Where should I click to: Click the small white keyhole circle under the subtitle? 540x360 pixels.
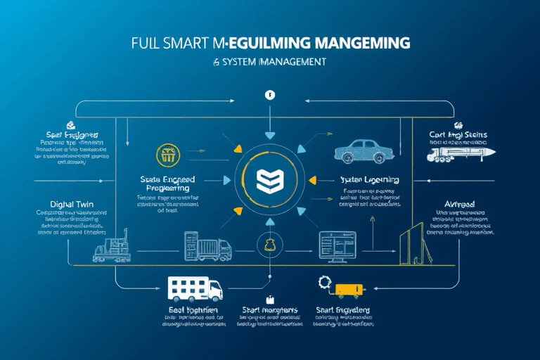(267, 94)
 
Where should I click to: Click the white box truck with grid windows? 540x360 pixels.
(194, 288)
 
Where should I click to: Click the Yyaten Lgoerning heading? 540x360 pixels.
(369, 179)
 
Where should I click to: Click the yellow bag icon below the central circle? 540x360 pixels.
(269, 244)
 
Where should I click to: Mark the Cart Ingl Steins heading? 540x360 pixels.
(458, 134)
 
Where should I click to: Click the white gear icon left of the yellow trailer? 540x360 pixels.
(324, 283)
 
